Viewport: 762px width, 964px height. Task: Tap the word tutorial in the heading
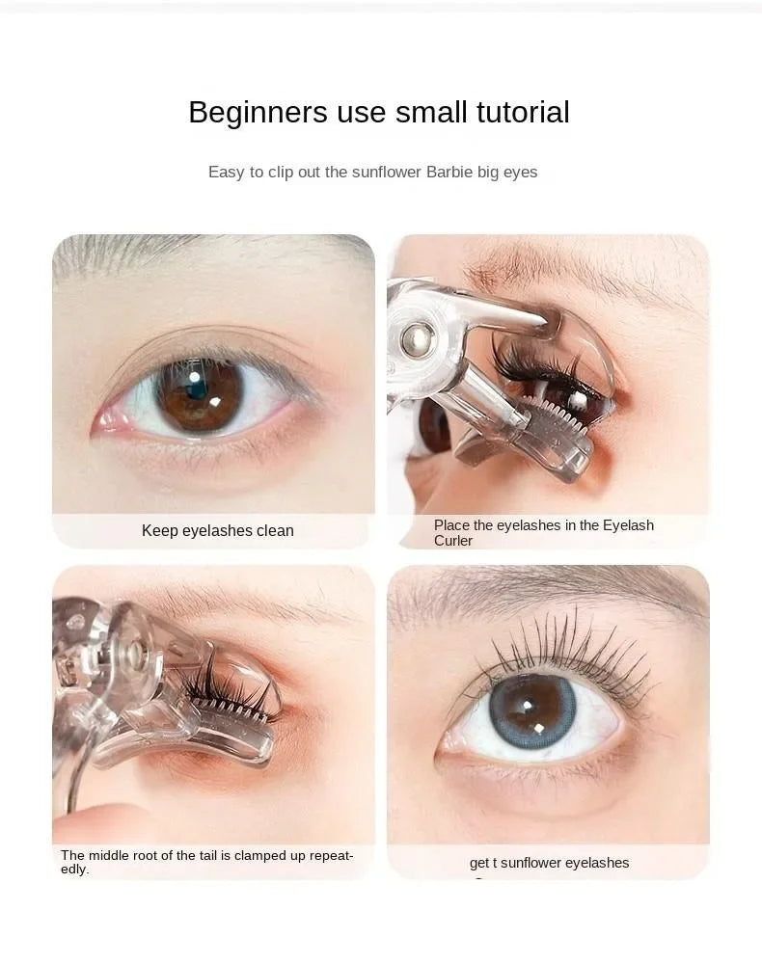(523, 113)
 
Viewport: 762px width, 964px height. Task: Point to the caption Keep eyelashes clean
(217, 531)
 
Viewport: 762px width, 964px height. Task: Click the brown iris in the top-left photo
(200, 396)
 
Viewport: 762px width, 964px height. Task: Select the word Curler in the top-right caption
(453, 542)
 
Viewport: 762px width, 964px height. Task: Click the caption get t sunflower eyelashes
(549, 863)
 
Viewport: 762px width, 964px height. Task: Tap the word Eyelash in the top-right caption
(629, 525)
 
